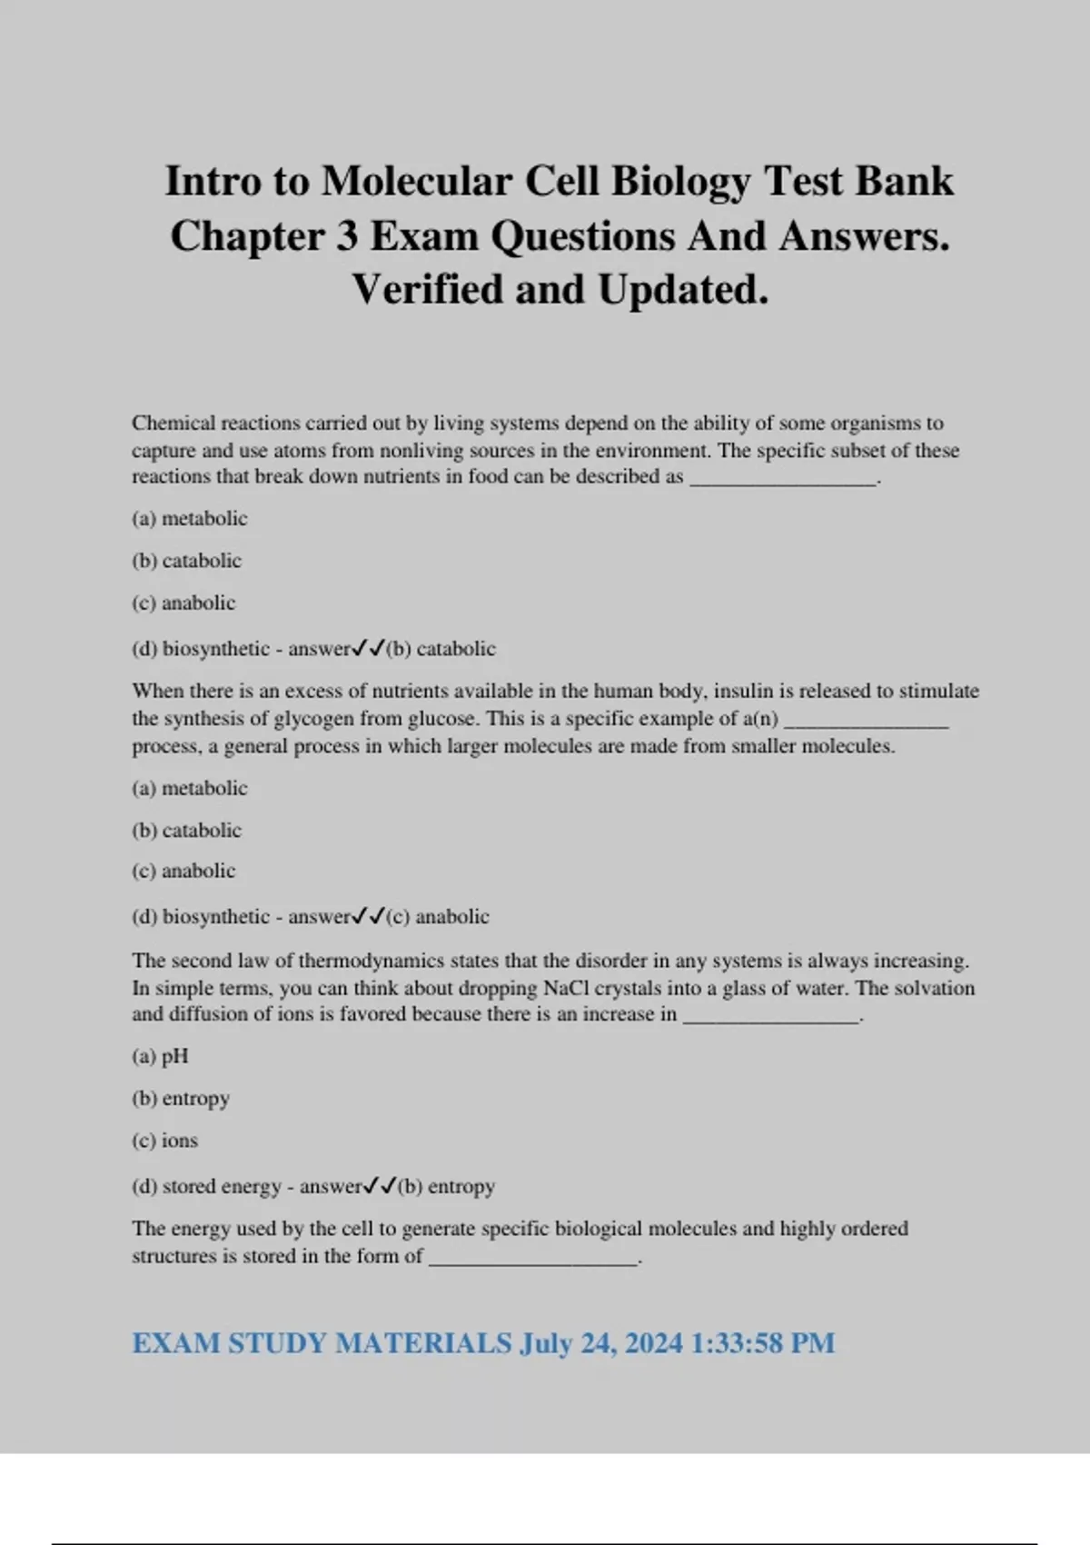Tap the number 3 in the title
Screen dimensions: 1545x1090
(347, 236)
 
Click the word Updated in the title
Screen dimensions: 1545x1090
(683, 290)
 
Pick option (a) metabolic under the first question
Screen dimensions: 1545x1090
(190, 519)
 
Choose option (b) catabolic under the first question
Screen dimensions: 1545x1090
(187, 561)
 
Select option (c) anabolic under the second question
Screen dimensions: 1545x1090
(183, 871)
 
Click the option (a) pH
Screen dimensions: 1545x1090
(161, 1056)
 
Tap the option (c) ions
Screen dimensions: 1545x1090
(165, 1141)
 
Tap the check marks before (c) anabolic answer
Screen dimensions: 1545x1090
(369, 916)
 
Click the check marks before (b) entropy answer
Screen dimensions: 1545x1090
(380, 1186)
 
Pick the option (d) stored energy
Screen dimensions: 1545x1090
(207, 1186)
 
